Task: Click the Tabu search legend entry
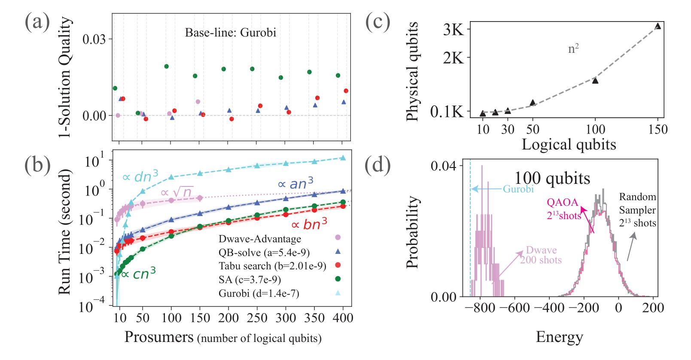pyautogui.click(x=272, y=266)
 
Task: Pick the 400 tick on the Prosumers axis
pyautogui.click(x=343, y=318)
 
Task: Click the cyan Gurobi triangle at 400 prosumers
pyautogui.click(x=343, y=158)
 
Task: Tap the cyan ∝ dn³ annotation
pyautogui.click(x=140, y=175)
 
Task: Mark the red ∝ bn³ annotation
pyautogui.click(x=306, y=224)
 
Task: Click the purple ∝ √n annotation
pyautogui.click(x=177, y=192)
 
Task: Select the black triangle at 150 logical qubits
pyautogui.click(x=658, y=26)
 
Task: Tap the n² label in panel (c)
pyautogui.click(x=573, y=49)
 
